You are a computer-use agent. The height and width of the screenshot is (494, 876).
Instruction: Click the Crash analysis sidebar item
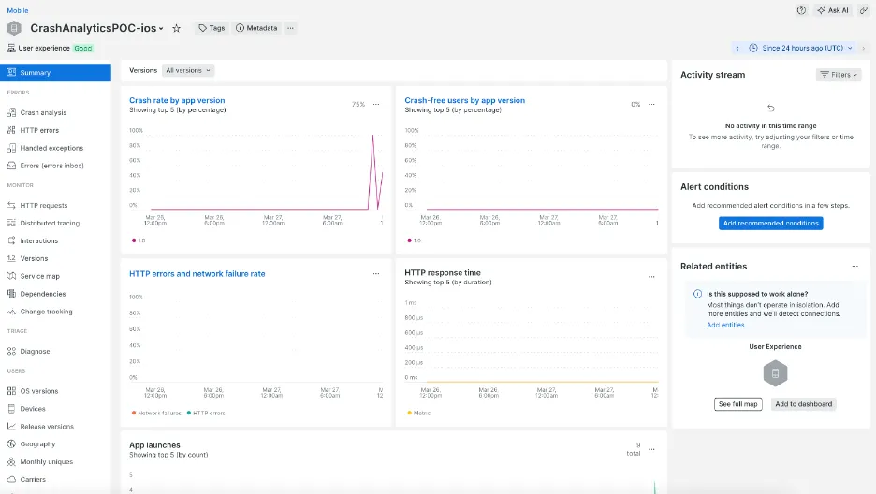pos(43,112)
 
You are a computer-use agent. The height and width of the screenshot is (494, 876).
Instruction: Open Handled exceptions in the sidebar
pos(51,148)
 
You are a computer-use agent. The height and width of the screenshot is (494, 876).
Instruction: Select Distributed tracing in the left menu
pos(50,223)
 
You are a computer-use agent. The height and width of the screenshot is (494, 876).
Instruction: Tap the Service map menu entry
pos(39,276)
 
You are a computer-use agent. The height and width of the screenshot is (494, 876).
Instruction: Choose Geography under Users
pos(37,444)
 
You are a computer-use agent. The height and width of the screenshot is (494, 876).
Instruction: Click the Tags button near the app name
pos(212,28)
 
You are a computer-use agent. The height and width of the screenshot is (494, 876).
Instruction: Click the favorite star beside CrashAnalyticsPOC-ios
pos(176,28)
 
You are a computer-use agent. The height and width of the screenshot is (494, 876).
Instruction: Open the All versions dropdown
pos(188,70)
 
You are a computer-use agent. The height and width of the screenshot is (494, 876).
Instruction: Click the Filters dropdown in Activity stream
pos(838,75)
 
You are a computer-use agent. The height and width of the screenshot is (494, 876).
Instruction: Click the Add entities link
pos(725,325)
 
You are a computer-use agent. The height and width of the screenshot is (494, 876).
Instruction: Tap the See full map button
pos(738,404)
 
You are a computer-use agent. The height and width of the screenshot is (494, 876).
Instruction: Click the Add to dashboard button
pos(803,404)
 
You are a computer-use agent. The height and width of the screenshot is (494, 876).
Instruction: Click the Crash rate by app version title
pos(177,100)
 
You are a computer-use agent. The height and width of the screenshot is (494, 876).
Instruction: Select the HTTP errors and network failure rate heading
pos(197,274)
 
